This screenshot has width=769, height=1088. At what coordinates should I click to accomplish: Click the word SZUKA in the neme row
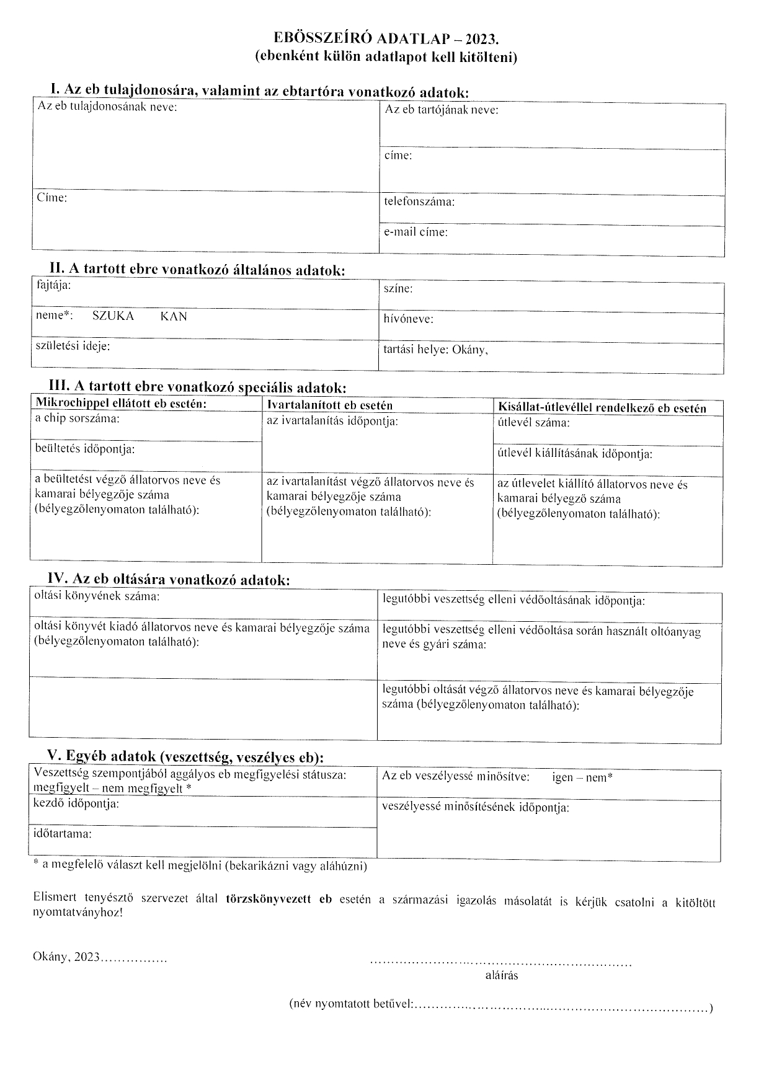tap(113, 316)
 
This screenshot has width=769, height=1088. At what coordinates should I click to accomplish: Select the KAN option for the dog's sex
tap(174, 316)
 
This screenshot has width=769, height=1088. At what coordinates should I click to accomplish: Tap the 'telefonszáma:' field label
tap(419, 202)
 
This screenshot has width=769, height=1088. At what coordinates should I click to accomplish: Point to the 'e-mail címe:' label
tap(416, 232)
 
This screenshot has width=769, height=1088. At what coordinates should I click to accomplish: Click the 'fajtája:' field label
tap(53, 286)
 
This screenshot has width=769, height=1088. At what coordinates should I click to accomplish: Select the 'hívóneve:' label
tap(408, 319)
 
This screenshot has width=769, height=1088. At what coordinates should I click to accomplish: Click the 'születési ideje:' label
tap(73, 346)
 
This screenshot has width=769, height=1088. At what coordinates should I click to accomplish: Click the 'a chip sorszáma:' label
tap(78, 418)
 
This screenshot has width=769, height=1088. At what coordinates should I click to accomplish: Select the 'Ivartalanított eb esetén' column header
tap(329, 406)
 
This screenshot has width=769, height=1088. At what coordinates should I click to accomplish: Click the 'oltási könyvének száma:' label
tap(97, 597)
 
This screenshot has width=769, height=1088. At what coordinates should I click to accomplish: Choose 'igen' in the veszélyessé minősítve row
tap(562, 777)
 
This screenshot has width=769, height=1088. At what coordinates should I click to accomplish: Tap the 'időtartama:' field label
tap(63, 834)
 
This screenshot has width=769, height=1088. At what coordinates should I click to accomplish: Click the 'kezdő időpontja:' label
tap(76, 804)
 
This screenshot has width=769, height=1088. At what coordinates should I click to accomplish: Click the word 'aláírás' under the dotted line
tap(502, 975)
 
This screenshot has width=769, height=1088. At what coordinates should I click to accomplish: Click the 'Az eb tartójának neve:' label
tap(442, 110)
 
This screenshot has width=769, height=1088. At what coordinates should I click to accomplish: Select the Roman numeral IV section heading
tap(169, 580)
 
